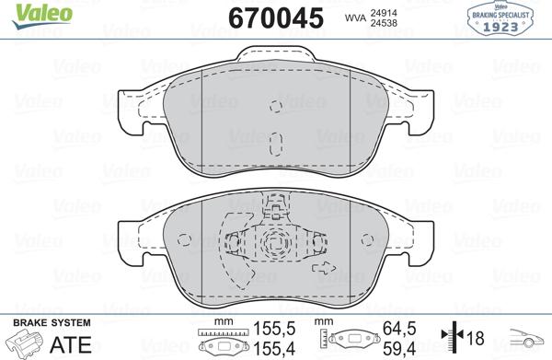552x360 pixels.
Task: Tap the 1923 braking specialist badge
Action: tap(504, 19)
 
